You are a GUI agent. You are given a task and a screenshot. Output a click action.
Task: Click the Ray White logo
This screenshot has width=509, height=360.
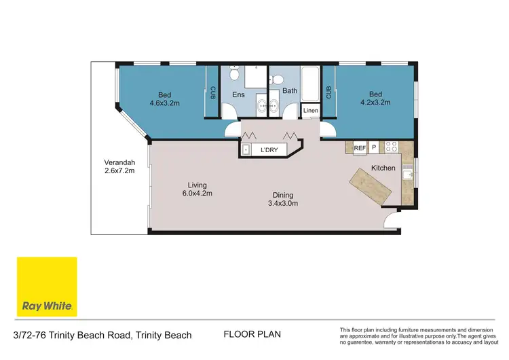pos(47,287)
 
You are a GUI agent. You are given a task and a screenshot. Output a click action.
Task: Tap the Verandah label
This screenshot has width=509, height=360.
pos(119,162)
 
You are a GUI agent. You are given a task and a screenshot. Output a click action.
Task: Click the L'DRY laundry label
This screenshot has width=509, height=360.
pos(270,149)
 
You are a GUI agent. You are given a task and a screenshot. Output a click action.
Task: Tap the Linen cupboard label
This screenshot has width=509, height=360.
pos(310,110)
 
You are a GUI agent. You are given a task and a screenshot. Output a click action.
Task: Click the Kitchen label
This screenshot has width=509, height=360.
pos(383,167)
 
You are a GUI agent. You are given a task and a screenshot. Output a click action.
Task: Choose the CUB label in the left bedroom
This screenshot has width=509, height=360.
pos(212,92)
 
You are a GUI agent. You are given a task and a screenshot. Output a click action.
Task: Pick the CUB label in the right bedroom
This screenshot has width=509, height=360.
pos(328,92)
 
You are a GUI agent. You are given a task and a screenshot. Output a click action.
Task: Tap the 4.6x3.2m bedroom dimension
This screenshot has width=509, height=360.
pos(165,103)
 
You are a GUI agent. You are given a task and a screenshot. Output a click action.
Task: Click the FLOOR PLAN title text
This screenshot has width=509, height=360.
pos(252,334)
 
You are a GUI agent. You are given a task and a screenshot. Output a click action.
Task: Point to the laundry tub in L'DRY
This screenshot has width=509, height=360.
pos(246,149)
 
